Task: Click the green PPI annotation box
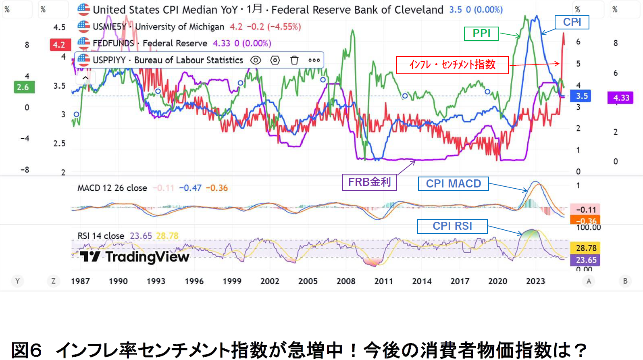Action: [x=481, y=33]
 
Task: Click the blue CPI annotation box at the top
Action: [x=572, y=22]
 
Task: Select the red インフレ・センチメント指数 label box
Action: [x=452, y=65]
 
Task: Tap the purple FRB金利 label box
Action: [x=369, y=182]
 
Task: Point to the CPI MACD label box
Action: [x=453, y=184]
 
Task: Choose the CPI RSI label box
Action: [x=452, y=226]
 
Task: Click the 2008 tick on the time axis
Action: [x=346, y=281]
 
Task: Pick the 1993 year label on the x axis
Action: [x=156, y=281]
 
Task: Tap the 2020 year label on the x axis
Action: [x=497, y=281]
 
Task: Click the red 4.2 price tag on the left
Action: [x=59, y=45]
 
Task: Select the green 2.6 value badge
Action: [x=23, y=87]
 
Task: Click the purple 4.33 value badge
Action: [x=621, y=98]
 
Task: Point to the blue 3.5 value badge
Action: [x=581, y=96]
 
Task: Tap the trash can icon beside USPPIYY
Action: [x=294, y=60]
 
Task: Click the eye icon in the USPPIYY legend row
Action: [x=256, y=60]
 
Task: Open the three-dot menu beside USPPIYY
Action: [x=314, y=60]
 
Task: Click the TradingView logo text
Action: [x=135, y=257]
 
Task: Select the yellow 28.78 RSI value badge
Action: [x=586, y=248]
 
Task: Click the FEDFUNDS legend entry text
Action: [x=113, y=44]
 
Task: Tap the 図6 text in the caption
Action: [x=27, y=350]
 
